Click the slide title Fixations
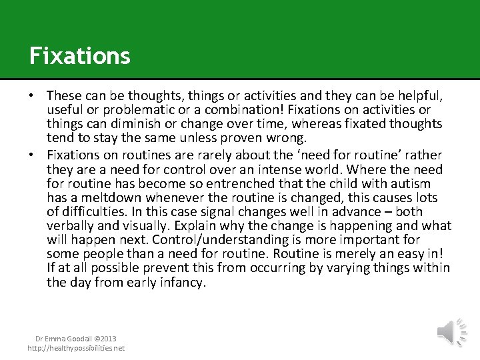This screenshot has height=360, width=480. pyautogui.click(x=79, y=55)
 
